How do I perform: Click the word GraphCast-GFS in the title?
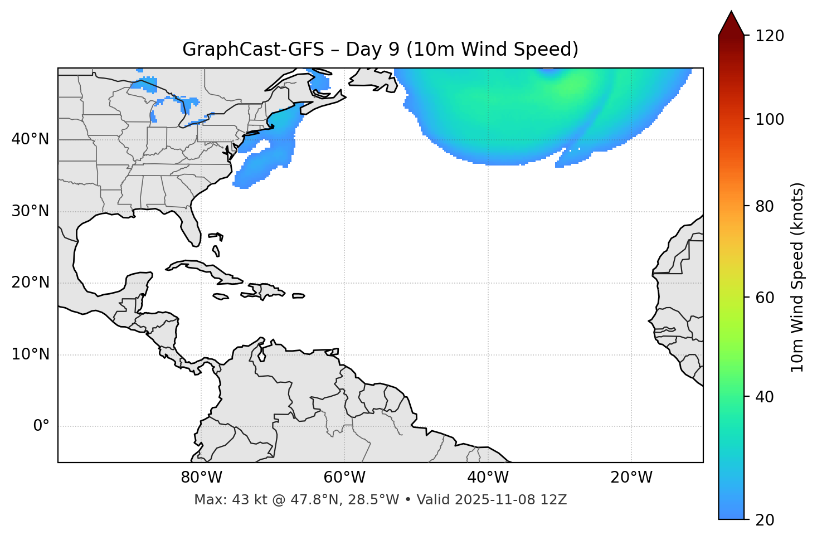click(x=252, y=50)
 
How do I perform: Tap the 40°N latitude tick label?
click(x=30, y=139)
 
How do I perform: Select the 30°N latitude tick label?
click(x=30, y=211)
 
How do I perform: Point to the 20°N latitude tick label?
click(x=30, y=283)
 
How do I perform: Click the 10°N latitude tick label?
click(x=30, y=354)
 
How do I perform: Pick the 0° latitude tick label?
click(x=41, y=426)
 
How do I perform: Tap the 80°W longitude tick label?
click(x=201, y=478)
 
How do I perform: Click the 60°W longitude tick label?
click(x=344, y=478)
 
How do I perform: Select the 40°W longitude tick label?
click(x=488, y=478)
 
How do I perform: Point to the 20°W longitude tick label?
click(x=631, y=478)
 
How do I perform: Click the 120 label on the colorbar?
click(x=770, y=36)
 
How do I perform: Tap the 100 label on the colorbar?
click(x=770, y=119)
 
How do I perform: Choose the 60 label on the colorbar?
click(x=765, y=298)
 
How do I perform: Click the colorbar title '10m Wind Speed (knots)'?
click(x=797, y=277)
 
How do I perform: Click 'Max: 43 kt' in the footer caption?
click(x=222, y=500)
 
